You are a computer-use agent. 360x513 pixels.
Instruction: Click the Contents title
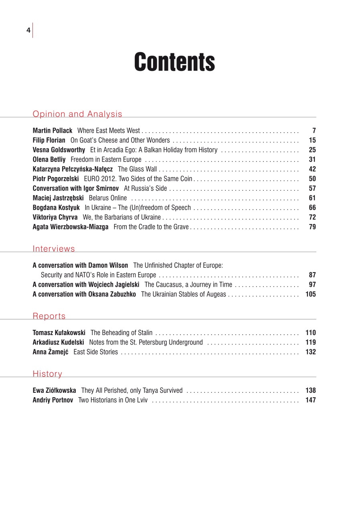point(174,62)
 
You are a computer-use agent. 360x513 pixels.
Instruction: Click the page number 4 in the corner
point(28,30)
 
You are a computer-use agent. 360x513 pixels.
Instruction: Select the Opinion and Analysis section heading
point(77,114)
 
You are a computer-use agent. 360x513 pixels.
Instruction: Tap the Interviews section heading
point(54,249)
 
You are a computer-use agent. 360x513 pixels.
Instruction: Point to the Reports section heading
point(49,316)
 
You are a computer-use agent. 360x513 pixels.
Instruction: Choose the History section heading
point(47,374)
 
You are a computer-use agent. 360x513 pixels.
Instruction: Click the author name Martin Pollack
point(53,131)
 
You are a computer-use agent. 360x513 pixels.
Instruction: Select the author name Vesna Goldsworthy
point(59,150)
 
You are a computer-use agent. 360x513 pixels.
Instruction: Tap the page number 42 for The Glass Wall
point(312,169)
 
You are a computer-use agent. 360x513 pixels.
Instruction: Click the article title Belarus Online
point(108,198)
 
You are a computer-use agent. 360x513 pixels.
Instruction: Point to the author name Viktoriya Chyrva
point(55,217)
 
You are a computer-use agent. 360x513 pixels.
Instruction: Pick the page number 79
point(312,227)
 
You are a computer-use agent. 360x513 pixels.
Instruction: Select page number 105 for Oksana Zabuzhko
point(311,294)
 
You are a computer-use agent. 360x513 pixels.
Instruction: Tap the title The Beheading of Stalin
point(121,333)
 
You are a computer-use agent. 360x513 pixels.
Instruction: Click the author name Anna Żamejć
point(51,352)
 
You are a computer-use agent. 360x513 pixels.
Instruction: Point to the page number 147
point(311,400)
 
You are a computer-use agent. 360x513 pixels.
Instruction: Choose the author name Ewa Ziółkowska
point(54,390)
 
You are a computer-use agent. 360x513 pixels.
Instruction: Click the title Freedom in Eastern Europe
point(106,160)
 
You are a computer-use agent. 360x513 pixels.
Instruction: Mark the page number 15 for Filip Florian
point(312,140)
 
